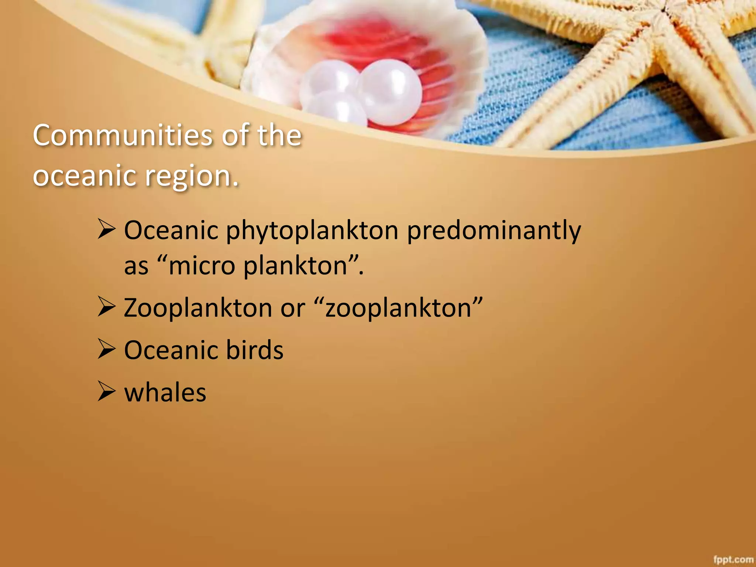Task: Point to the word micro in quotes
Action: pyautogui.click(x=202, y=266)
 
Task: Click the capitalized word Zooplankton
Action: pyautogui.click(x=198, y=308)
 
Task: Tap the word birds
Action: pyautogui.click(x=254, y=350)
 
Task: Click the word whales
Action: pyautogui.click(x=165, y=392)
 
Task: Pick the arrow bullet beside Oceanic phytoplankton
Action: pyautogui.click(x=107, y=228)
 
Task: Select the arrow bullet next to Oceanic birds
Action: pyautogui.click(x=107, y=349)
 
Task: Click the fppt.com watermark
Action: pyautogui.click(x=733, y=560)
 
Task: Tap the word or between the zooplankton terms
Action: pyautogui.click(x=292, y=309)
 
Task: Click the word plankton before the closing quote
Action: pyautogui.click(x=295, y=266)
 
